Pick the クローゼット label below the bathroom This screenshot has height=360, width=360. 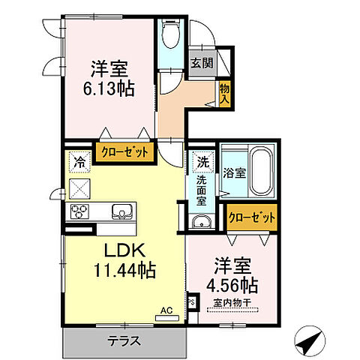(x=252, y=218)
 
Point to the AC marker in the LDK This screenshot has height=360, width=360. (x=166, y=308)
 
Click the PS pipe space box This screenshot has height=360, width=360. (x=191, y=304)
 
